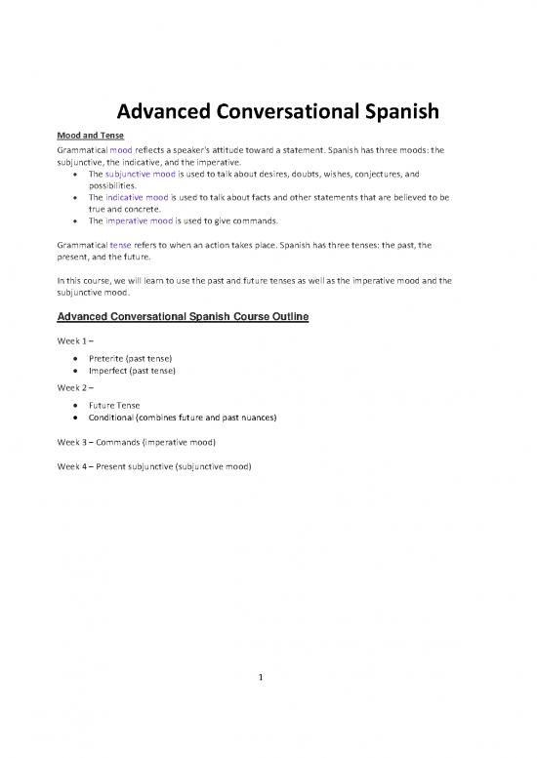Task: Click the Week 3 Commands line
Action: (x=150, y=443)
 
